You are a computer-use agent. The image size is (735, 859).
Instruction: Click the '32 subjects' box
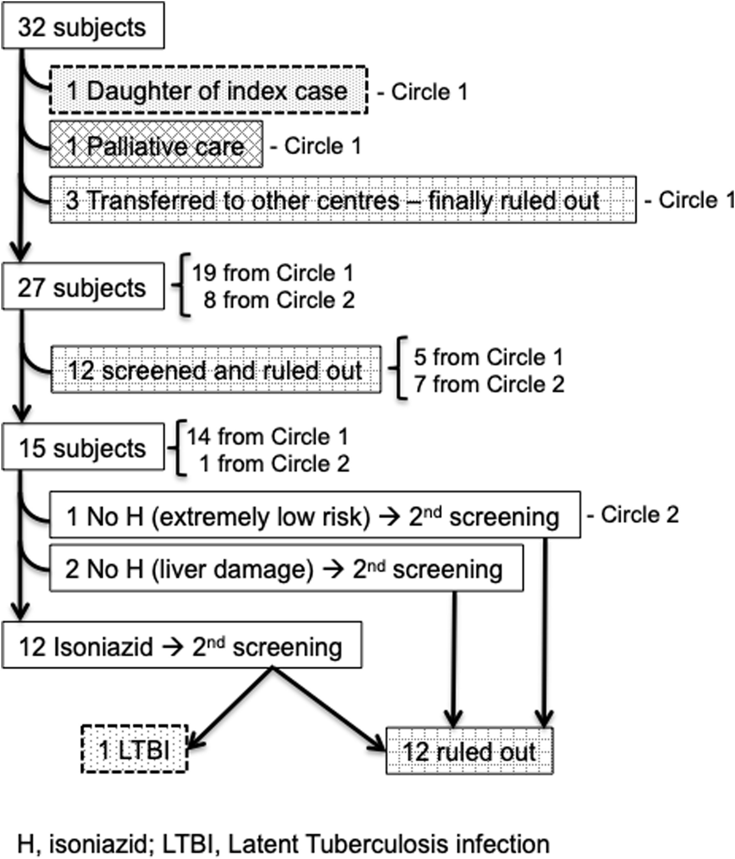83,26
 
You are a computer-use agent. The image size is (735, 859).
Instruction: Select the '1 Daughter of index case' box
208,90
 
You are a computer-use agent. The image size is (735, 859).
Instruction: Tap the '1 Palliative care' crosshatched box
156,145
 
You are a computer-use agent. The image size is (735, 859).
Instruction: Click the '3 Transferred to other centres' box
343,200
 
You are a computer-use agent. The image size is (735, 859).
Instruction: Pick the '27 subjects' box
83,286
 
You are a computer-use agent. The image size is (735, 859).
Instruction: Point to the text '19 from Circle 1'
273,273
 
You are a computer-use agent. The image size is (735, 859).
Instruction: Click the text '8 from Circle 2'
278,300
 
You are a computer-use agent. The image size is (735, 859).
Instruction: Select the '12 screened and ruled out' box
216,370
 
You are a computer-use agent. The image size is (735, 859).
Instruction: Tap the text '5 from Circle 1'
488,357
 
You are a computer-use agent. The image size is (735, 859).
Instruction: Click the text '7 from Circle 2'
489,384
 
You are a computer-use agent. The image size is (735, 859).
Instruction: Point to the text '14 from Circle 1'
268,436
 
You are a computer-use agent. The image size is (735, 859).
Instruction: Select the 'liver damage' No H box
286,568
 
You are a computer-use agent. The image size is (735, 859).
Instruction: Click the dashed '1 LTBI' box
134,749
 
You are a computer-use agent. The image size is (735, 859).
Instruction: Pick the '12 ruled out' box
469,751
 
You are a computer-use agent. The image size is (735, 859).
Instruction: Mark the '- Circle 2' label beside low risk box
633,515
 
